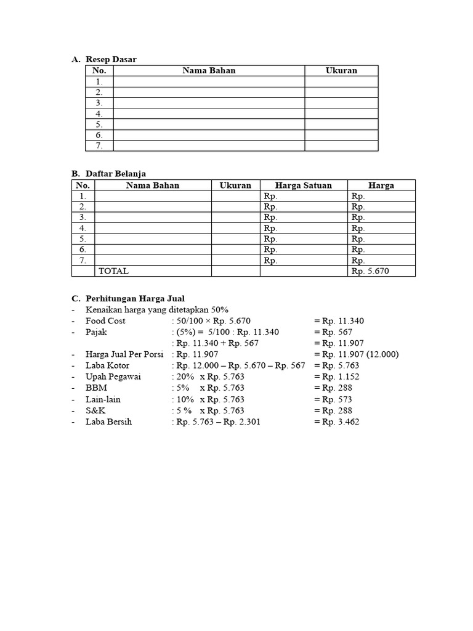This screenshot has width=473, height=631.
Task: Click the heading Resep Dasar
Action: coord(110,59)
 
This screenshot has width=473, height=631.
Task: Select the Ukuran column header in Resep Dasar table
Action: coord(341,70)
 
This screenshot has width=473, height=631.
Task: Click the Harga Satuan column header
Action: coord(303,185)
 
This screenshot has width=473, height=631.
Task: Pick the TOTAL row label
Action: coord(114,271)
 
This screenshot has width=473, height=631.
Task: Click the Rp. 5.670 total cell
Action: coord(370,271)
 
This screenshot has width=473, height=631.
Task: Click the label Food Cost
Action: coord(105,320)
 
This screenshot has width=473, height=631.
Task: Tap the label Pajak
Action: coord(97,332)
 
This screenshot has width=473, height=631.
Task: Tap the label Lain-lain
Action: coord(103,399)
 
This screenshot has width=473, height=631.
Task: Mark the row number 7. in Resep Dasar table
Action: coord(99,146)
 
